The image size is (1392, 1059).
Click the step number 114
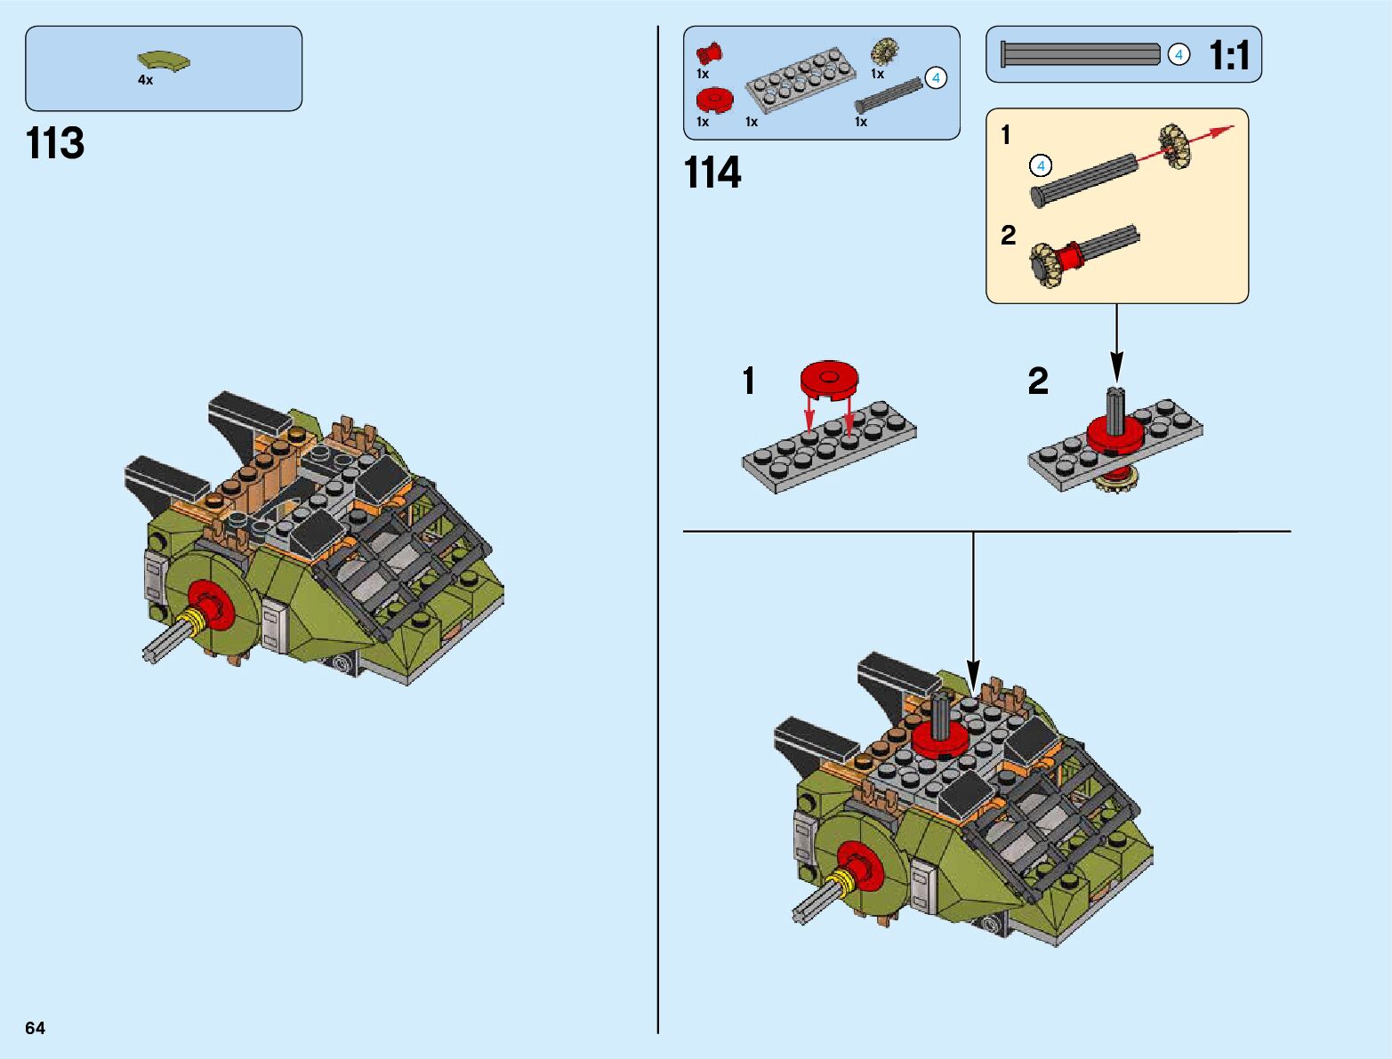[712, 172]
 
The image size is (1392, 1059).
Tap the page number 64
[35, 1028]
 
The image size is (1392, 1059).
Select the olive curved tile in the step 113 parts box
[163, 61]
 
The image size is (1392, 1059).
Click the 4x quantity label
[145, 80]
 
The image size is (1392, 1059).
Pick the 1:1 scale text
[1229, 55]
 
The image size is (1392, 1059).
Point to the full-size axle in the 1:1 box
[1080, 54]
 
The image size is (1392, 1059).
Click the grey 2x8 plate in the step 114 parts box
[801, 81]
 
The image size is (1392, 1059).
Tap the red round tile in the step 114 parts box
[715, 100]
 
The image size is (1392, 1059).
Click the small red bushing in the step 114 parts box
[710, 54]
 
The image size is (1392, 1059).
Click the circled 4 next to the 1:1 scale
[1179, 55]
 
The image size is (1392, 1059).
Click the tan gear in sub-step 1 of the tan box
[1175, 147]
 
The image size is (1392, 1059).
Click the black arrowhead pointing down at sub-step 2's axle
[1117, 367]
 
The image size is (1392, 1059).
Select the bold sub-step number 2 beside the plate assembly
[1038, 381]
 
